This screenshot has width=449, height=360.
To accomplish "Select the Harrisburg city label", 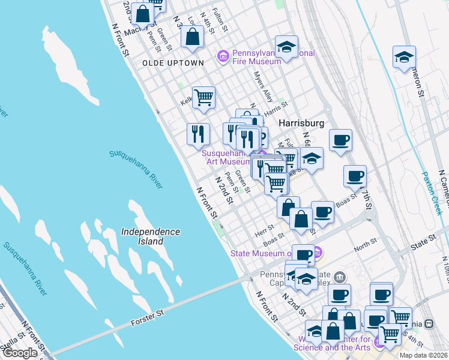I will pyautogui.click(x=301, y=122).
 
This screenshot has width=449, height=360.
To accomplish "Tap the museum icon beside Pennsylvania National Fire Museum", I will pyautogui.click(x=223, y=57).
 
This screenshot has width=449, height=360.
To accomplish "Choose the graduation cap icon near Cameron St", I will pyautogui.click(x=405, y=58).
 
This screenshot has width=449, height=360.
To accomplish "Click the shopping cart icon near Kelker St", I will pyautogui.click(x=203, y=97).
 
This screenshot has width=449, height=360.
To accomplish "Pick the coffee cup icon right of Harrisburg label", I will pyautogui.click(x=340, y=140).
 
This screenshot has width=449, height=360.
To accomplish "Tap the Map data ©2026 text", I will pyautogui.click(x=423, y=355).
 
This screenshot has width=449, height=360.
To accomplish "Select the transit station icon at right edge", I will pyautogui.click(x=429, y=323).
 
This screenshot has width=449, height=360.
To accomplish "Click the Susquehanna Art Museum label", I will pyautogui.click(x=226, y=157).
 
